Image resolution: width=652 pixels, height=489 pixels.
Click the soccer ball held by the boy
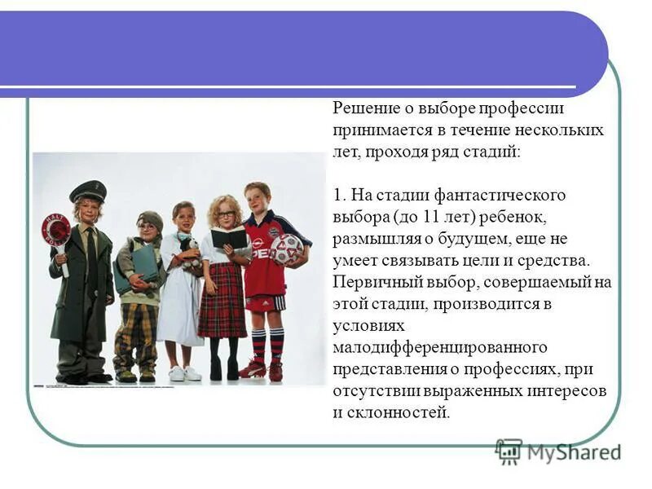286,250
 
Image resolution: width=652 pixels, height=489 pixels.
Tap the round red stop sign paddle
56,230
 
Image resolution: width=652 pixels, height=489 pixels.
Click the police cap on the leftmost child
87,192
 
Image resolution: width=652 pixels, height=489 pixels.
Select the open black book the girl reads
228,238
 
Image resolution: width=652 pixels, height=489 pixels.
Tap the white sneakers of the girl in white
183,373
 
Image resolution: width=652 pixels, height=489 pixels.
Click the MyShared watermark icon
509,452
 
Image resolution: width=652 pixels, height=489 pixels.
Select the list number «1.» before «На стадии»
341,196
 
